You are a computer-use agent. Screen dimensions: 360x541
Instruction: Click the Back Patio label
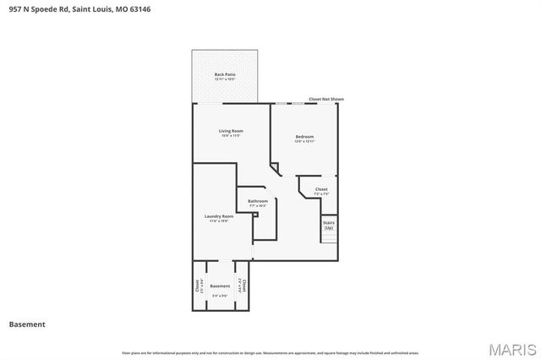click(x=225, y=74)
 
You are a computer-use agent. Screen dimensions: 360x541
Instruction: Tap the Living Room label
click(x=231, y=131)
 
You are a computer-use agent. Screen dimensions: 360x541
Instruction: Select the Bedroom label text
click(x=304, y=137)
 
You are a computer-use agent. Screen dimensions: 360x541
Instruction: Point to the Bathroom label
click(x=258, y=201)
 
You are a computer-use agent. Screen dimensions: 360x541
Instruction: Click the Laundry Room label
click(x=218, y=216)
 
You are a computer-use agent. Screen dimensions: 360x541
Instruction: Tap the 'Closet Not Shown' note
click(x=326, y=99)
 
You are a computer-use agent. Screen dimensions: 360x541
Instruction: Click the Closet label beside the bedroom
click(x=321, y=189)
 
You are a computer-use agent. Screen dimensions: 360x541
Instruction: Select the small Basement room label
click(x=220, y=286)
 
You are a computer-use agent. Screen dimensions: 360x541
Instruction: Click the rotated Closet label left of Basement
click(x=197, y=286)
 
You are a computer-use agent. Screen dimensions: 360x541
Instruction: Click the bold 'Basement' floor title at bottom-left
click(x=27, y=324)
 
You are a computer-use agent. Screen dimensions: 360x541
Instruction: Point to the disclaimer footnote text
click(x=270, y=352)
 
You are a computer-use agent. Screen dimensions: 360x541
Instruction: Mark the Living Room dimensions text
click(x=231, y=136)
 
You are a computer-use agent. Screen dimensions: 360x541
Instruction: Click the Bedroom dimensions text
click(x=304, y=142)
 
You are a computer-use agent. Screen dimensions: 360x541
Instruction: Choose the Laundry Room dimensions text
click(x=218, y=221)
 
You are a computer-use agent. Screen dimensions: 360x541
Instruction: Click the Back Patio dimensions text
click(x=225, y=79)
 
